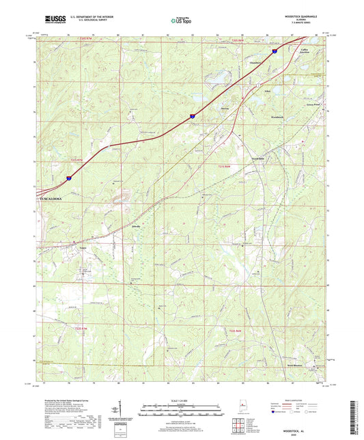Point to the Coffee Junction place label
pyautogui.click(x=305, y=52)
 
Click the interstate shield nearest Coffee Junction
pyautogui.click(x=275, y=51)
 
